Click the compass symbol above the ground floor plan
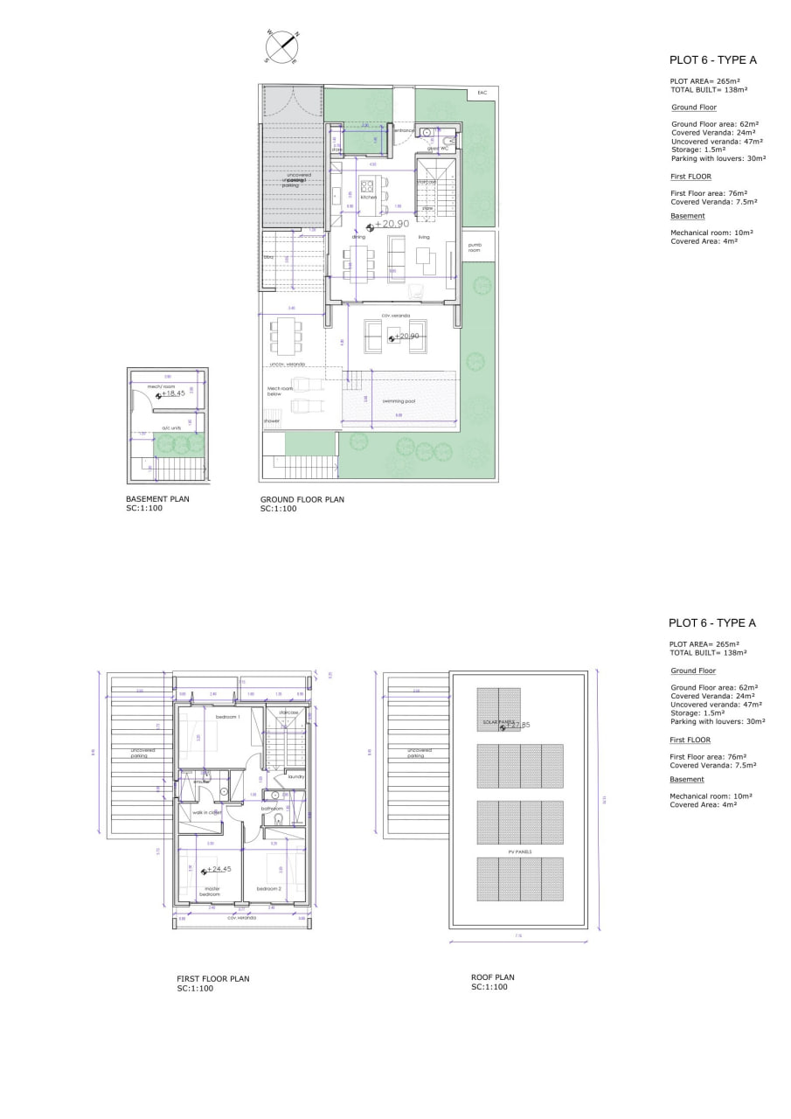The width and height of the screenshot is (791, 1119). (x=283, y=47)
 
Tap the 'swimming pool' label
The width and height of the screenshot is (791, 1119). (x=399, y=401)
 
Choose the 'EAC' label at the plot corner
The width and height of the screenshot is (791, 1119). (x=481, y=93)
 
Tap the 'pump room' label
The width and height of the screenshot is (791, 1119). (x=475, y=247)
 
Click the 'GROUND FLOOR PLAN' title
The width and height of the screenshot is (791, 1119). (x=302, y=500)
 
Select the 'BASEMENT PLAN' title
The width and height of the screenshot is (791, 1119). (x=157, y=500)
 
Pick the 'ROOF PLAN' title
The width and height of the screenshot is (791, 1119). (x=492, y=977)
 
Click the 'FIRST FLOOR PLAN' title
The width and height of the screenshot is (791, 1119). (x=213, y=979)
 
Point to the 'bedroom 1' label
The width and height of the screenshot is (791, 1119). (x=227, y=717)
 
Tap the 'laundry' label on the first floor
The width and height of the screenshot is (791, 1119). (x=295, y=776)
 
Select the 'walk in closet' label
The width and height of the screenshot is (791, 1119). (x=207, y=812)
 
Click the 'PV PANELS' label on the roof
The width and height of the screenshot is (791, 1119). (x=519, y=851)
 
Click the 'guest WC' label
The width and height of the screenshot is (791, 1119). (x=437, y=149)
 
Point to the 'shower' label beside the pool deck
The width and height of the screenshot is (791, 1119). (x=272, y=421)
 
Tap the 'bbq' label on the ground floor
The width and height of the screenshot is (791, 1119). (x=269, y=258)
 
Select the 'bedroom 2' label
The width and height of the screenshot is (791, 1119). (x=268, y=889)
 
